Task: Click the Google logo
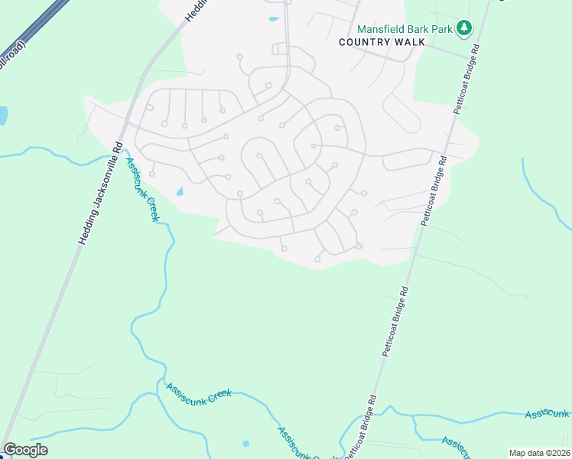pyautogui.click(x=25, y=450)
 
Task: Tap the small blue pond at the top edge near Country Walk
pyautogui.click(x=273, y=18)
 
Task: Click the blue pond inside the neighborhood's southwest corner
pyautogui.click(x=180, y=191)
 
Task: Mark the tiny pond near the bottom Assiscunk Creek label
pyautogui.click(x=245, y=443)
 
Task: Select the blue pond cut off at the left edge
pyautogui.click(x=3, y=116)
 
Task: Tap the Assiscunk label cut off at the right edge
pyautogui.click(x=547, y=415)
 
